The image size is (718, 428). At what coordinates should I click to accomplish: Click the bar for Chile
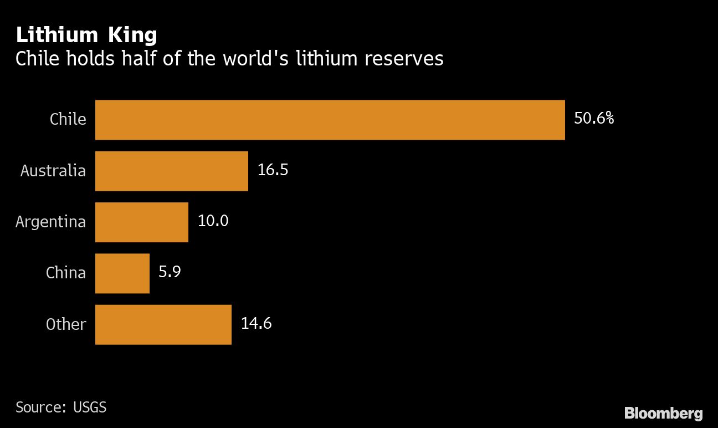tap(330, 120)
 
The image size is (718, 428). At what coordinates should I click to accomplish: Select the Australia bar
tap(171, 171)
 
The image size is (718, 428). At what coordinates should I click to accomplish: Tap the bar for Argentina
tap(141, 222)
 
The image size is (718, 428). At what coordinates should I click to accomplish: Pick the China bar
tap(122, 273)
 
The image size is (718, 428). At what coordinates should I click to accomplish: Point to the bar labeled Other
tap(163, 324)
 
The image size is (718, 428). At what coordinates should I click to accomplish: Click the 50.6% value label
tap(593, 119)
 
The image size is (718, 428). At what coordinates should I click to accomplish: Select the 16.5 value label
tap(273, 170)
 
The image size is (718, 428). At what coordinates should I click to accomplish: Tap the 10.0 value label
tap(213, 221)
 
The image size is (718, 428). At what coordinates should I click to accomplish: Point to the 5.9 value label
tap(170, 272)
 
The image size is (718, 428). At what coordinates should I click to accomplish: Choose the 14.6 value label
tap(256, 324)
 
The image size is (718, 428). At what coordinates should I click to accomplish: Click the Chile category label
tap(68, 119)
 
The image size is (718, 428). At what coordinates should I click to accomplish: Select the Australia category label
tap(53, 170)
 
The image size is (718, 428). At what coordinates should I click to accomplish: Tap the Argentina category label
tap(51, 222)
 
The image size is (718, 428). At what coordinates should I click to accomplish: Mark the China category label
tap(66, 273)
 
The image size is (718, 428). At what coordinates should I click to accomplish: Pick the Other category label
tap(66, 324)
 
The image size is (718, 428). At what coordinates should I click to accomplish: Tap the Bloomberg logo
tap(663, 413)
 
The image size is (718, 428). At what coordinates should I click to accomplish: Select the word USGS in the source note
tap(90, 407)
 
